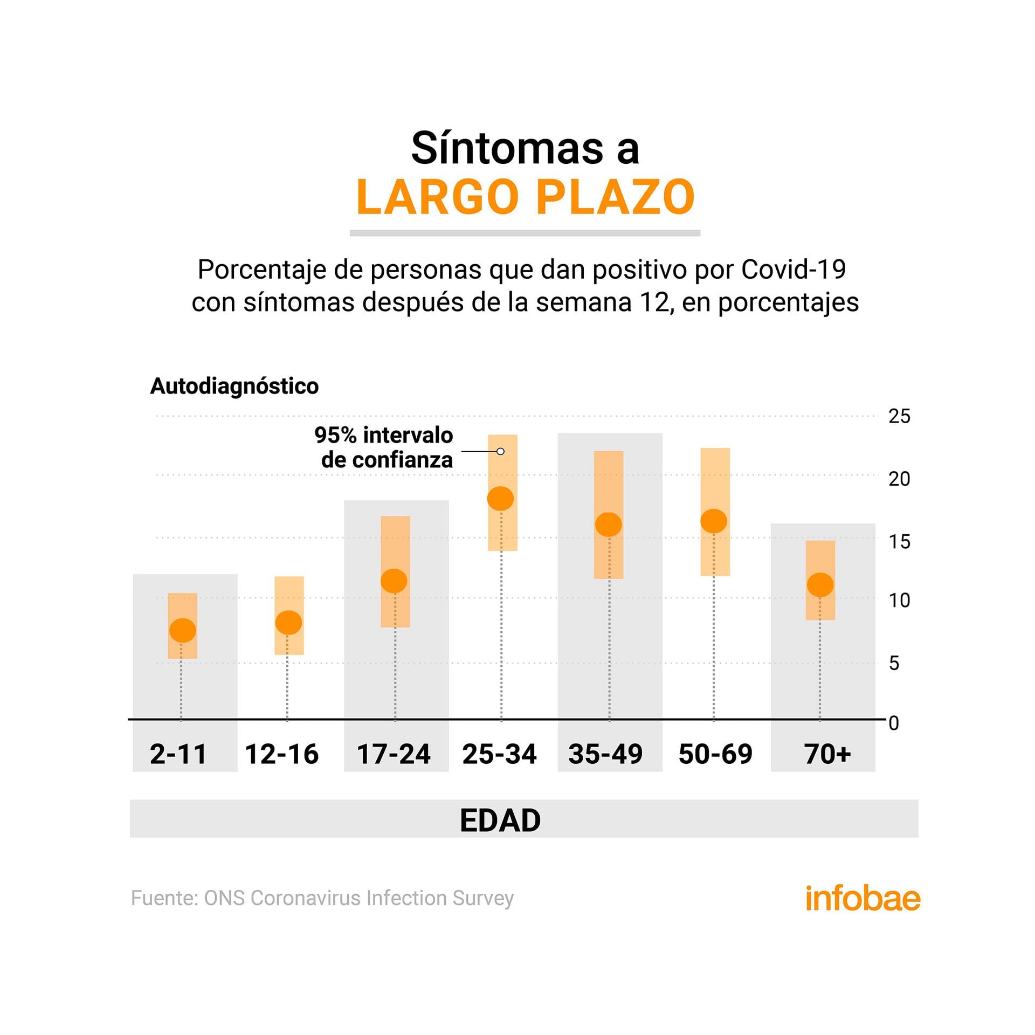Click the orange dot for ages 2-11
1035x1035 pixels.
tap(182, 630)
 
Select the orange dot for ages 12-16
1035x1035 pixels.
tap(288, 622)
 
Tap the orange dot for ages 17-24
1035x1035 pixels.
tap(394, 581)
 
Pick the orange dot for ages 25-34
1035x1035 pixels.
tap(500, 498)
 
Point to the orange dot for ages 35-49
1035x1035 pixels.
tap(608, 524)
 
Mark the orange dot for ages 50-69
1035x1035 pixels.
tap(714, 521)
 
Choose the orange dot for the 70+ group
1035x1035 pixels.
tap(820, 584)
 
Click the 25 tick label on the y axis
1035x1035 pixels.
tap(899, 417)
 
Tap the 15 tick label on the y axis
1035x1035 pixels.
tap(899, 542)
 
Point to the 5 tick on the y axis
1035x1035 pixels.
tap(894, 663)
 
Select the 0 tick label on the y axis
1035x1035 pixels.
tap(894, 723)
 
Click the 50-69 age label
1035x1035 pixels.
tap(715, 754)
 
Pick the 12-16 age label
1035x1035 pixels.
tap(282, 754)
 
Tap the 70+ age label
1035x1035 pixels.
tap(827, 754)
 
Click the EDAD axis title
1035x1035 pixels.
tap(500, 820)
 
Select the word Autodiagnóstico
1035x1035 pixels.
tap(234, 386)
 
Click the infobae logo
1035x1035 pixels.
tap(862, 898)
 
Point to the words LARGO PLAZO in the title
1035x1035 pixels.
tap(526, 197)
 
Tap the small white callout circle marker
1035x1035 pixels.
tap(500, 451)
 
